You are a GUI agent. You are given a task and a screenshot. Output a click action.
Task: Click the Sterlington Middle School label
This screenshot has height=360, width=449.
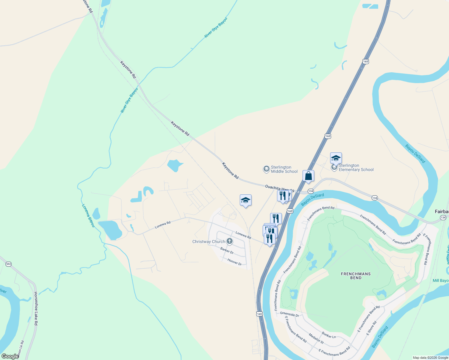tap(284, 169)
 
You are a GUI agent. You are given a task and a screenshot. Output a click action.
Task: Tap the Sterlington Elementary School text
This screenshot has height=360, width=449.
tap(356, 168)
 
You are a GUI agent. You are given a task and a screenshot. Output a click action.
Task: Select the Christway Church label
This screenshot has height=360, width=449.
tap(209, 241)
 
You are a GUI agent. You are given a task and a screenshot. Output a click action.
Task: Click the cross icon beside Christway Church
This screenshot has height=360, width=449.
tap(230, 241)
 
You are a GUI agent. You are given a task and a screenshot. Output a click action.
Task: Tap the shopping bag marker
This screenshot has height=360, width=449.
tap(308, 176)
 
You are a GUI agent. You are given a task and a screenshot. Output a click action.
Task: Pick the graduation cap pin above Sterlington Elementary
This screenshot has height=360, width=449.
tap(336, 158)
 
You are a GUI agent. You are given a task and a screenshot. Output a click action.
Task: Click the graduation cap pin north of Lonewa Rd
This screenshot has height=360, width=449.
tap(246, 200)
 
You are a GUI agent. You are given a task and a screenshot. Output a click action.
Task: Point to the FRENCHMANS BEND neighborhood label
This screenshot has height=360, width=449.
tap(356, 276)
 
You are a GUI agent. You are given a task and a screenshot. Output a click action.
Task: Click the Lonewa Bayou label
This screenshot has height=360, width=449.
tap(88, 215)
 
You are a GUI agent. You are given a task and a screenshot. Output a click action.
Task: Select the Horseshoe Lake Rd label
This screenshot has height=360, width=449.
tap(36, 308)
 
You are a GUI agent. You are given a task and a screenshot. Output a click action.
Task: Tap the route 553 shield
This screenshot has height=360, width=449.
tap(8, 264)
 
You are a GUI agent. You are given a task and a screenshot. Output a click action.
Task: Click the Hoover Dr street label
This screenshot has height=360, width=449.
tap(234, 262)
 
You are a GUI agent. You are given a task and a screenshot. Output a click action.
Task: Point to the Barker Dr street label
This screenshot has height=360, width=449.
tap(227, 250)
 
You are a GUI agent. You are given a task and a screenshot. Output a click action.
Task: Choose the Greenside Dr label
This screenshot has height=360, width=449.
tap(289, 314)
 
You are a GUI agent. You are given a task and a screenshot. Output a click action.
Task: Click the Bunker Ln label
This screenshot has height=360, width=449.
tap(329, 335)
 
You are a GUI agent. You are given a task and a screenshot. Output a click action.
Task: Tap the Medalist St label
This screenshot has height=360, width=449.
tap(316, 339)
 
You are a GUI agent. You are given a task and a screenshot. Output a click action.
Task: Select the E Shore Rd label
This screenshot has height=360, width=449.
tap(371, 328)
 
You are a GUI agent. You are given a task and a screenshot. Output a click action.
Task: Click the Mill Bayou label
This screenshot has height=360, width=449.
tap(440, 280)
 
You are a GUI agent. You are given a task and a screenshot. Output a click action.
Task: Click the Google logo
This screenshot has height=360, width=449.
tap(10, 356)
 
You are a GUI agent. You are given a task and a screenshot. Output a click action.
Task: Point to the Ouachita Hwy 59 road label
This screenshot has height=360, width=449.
tap(279, 188)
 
